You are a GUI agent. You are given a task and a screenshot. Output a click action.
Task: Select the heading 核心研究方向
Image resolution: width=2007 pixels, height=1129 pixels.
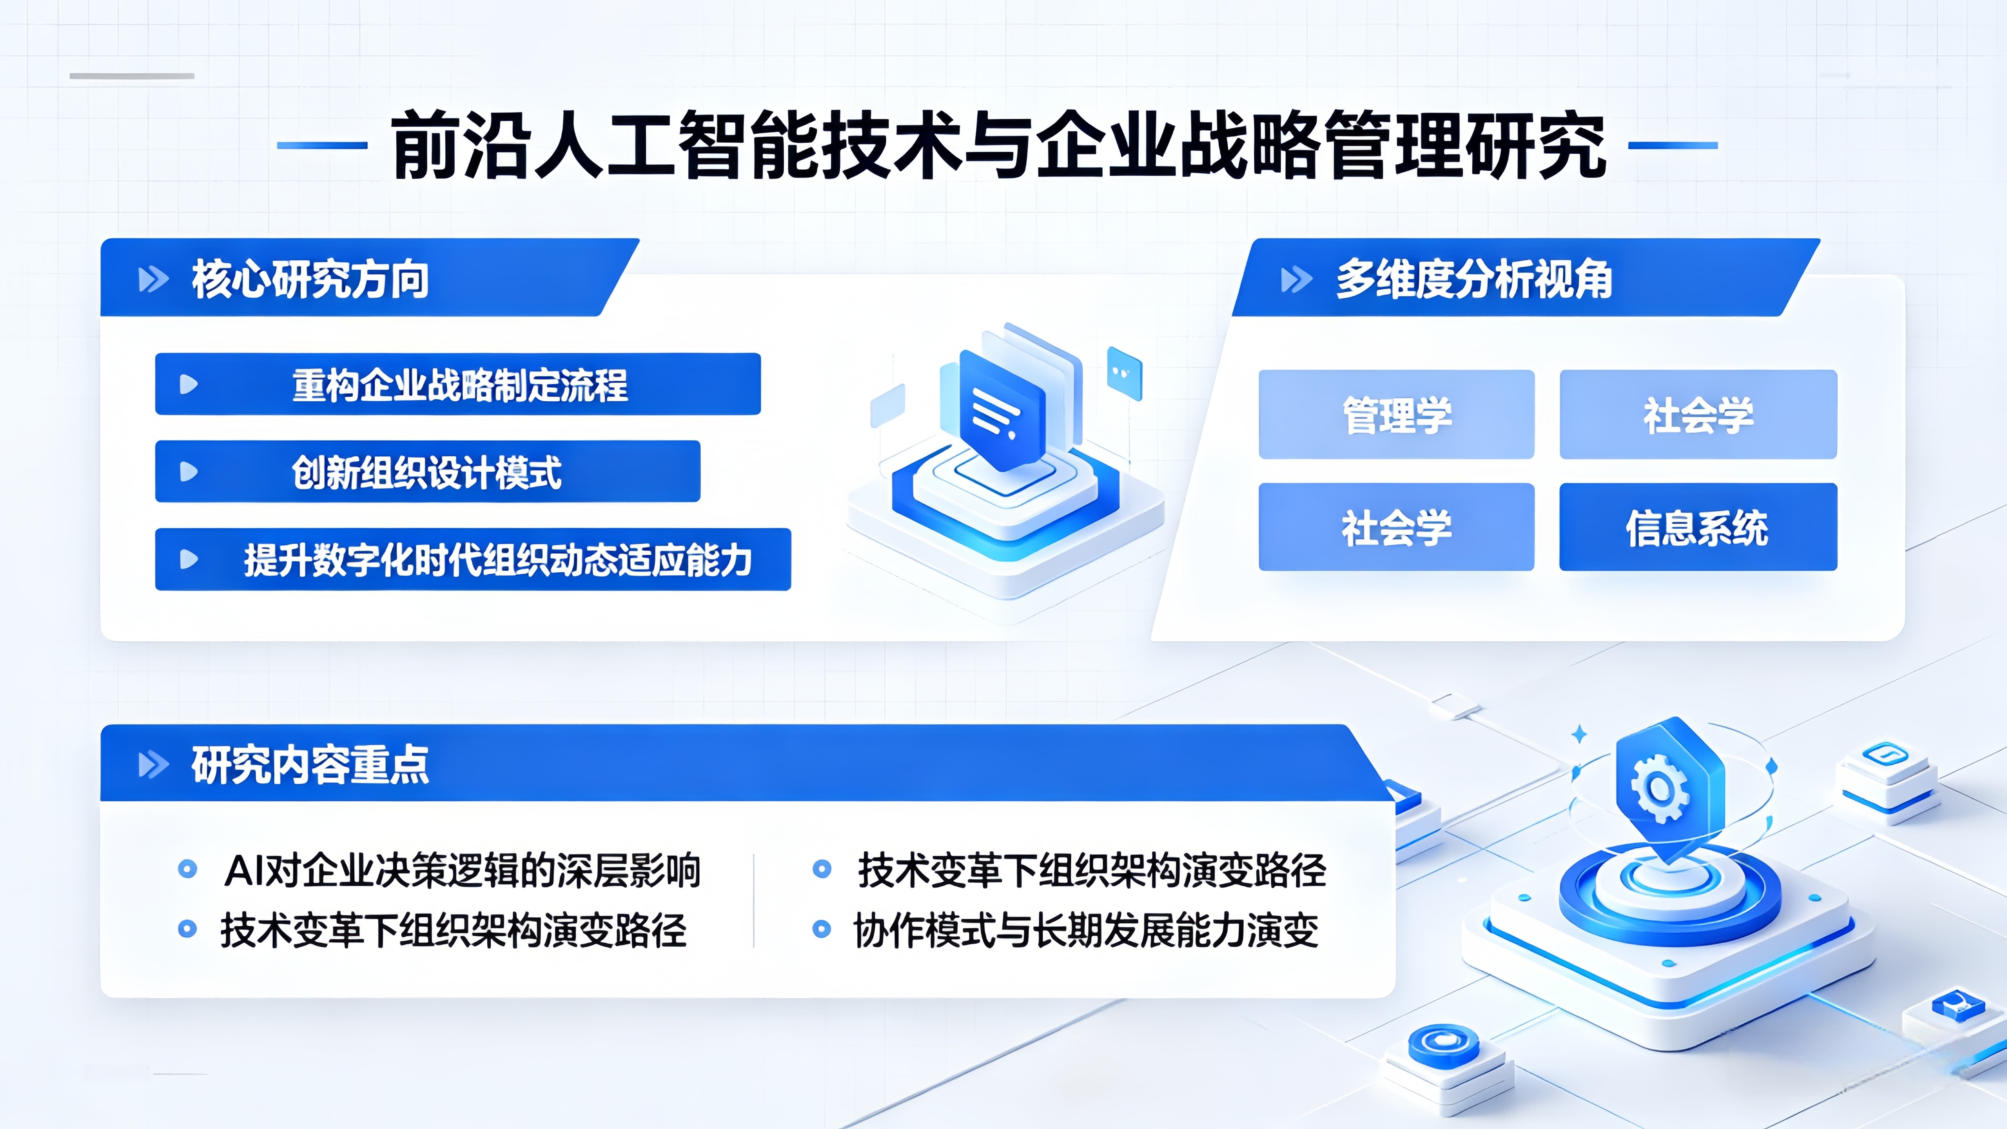[x=310, y=279]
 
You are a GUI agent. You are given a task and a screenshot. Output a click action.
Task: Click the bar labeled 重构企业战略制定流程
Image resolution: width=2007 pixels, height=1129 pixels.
[x=458, y=384]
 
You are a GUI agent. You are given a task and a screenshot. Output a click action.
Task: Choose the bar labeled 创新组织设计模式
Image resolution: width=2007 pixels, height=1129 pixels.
[x=428, y=471]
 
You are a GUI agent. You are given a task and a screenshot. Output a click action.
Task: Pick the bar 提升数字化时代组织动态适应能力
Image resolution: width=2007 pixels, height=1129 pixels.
[x=473, y=559]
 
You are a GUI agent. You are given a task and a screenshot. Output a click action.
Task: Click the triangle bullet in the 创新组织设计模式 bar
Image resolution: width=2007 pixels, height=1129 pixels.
[x=189, y=471]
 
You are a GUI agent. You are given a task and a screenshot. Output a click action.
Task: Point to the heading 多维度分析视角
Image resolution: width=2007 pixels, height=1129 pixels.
[x=1474, y=279]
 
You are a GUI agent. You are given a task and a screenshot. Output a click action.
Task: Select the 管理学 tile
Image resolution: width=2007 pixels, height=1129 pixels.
[x=1396, y=414]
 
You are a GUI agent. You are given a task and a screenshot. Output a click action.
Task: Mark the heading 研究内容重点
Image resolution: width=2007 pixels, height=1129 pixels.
[x=310, y=764]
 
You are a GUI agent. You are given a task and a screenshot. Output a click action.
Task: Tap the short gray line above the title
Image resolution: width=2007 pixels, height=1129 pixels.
[x=132, y=76]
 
